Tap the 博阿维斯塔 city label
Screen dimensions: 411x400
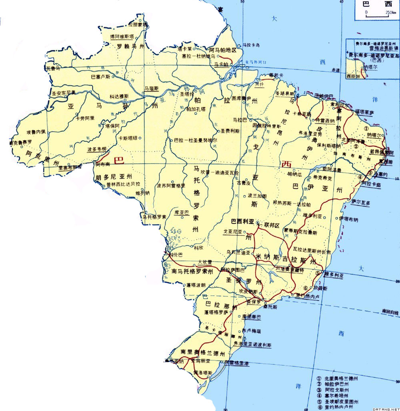pyautogui.click(x=124, y=36)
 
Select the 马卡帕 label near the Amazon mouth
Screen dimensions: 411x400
pyautogui.click(x=221, y=64)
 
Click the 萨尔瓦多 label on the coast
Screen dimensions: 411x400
pyautogui.click(x=361, y=203)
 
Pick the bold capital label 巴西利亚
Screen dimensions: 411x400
pyautogui.click(x=243, y=221)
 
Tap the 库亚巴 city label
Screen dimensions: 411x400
pyautogui.click(x=182, y=212)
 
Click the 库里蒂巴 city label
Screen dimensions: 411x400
pyautogui.click(x=252, y=317)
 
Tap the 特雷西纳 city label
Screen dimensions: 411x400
pyautogui.click(x=325, y=120)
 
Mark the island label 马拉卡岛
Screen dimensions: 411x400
pyautogui.click(x=251, y=45)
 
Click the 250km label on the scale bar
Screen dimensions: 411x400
pyautogui.click(x=390, y=13)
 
